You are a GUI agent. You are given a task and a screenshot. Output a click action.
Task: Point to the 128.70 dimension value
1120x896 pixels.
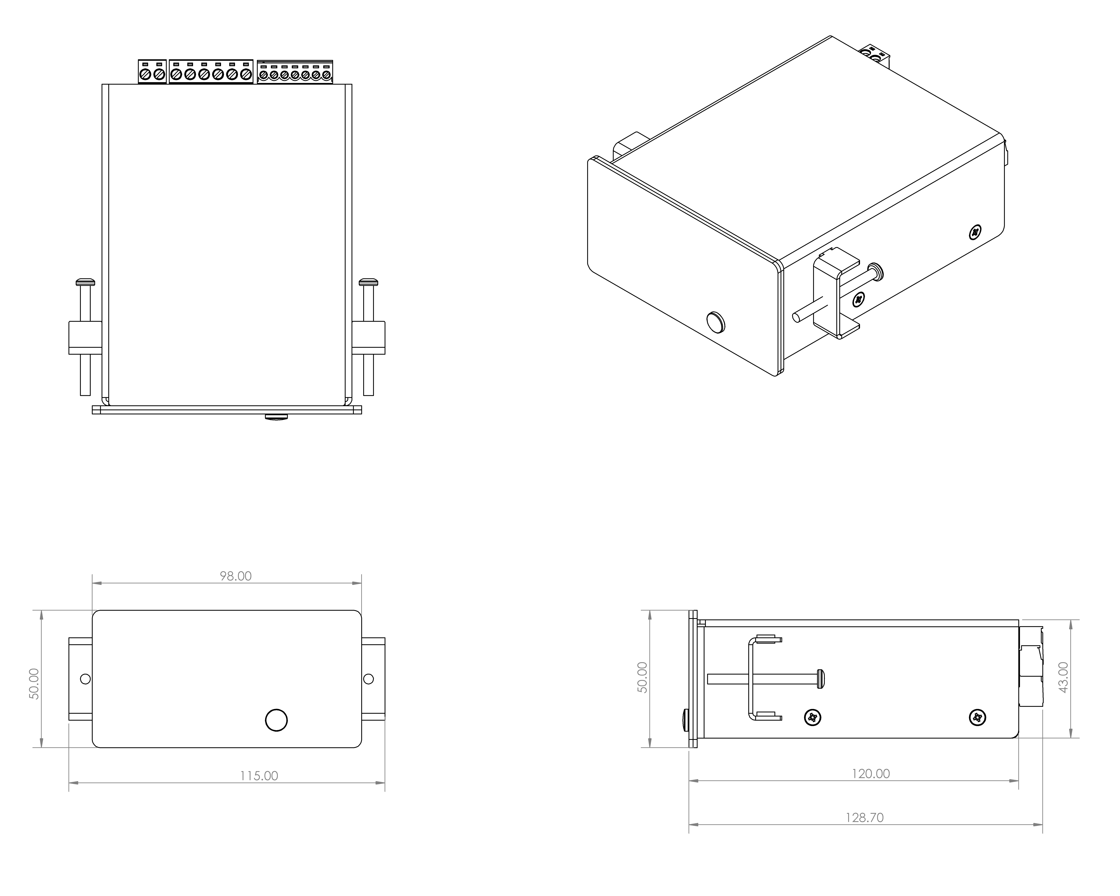click(x=864, y=818)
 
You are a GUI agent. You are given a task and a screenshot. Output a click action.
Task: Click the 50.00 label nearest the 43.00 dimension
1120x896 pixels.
click(x=643, y=677)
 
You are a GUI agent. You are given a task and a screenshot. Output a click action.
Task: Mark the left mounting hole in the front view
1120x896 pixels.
click(x=86, y=679)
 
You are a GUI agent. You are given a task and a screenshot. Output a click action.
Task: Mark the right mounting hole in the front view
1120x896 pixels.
click(x=368, y=679)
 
